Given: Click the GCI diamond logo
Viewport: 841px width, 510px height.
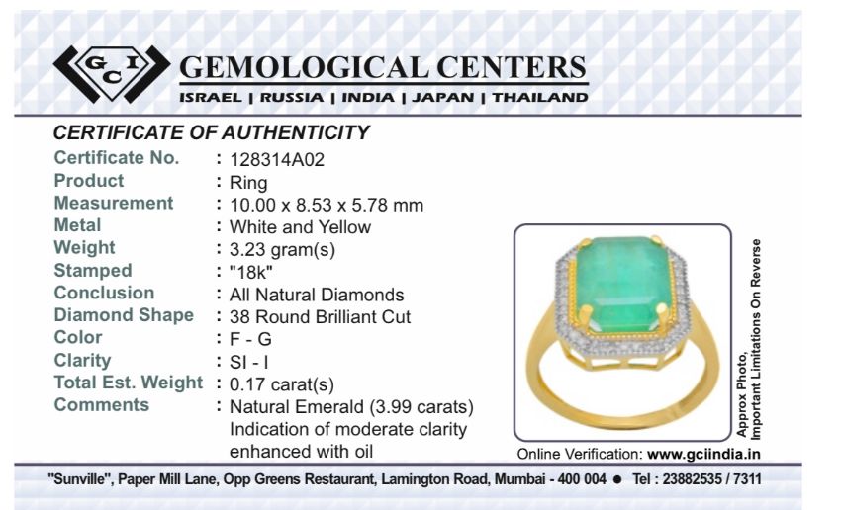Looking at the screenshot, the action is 112,74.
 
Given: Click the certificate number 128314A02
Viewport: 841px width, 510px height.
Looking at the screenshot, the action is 277,160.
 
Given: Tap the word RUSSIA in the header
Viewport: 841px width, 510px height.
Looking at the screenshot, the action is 292,98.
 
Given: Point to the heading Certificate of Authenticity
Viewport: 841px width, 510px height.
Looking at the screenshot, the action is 212,132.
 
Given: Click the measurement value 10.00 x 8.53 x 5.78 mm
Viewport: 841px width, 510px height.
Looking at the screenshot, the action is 327,205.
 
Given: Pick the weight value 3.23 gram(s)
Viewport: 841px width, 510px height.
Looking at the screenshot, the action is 282,250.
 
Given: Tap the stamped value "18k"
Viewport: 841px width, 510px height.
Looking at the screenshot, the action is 251,272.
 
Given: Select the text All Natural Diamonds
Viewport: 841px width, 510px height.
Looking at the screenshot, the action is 317,295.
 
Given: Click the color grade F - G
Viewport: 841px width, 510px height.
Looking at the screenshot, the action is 250,339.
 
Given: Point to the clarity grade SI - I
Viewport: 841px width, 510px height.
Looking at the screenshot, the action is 249,362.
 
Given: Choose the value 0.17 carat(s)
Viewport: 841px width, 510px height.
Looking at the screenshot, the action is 282,384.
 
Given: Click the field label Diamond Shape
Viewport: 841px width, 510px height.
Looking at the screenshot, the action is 124,315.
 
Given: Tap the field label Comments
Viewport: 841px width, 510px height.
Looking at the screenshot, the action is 101,404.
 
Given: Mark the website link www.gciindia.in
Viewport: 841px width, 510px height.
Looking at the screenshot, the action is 703,455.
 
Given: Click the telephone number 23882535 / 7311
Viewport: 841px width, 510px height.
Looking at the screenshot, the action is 711,478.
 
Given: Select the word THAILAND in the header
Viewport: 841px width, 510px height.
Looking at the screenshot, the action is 540,98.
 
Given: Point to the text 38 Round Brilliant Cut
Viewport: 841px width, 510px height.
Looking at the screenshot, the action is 320,317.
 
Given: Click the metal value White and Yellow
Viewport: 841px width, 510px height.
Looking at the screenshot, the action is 301,227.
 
